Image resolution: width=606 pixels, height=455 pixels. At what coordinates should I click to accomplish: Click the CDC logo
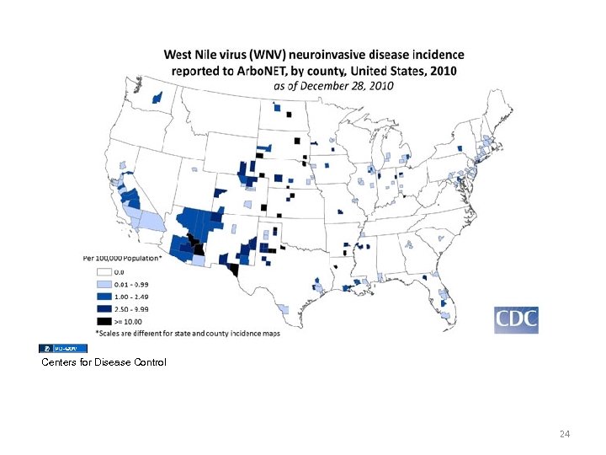[516, 320]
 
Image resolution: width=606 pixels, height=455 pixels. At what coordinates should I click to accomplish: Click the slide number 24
[565, 434]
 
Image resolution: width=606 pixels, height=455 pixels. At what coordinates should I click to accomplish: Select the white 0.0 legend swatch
[105, 272]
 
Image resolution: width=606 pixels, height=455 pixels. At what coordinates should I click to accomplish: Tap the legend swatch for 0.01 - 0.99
[105, 285]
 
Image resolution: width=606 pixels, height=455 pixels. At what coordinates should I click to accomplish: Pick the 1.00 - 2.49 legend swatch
[105, 297]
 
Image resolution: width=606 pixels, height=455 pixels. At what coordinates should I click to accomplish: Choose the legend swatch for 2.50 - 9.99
[105, 309]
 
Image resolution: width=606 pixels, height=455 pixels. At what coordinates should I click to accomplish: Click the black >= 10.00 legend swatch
[105, 321]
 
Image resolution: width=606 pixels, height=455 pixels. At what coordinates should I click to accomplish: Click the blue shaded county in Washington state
[157, 99]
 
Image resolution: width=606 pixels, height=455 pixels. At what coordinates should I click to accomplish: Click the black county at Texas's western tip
[232, 270]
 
